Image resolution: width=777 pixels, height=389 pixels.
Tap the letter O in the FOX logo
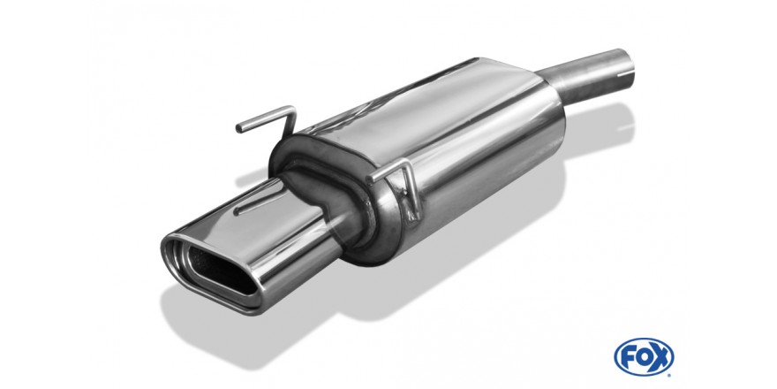pos(643,357)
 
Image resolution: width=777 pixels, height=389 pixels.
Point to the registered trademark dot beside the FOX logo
pos(671,371)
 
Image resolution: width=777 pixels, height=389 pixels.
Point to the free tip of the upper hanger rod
pos(239,129)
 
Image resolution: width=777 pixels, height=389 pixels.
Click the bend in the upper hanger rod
pos(291,111)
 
